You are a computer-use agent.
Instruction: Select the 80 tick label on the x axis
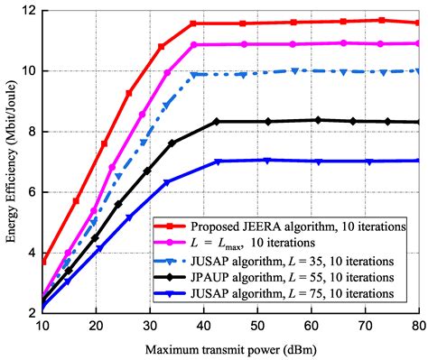(x=416, y=325)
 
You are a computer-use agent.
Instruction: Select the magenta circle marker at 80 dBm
(x=415, y=43)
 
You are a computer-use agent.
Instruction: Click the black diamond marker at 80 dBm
(x=415, y=122)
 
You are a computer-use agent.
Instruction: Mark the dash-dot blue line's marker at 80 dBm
(x=415, y=70)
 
